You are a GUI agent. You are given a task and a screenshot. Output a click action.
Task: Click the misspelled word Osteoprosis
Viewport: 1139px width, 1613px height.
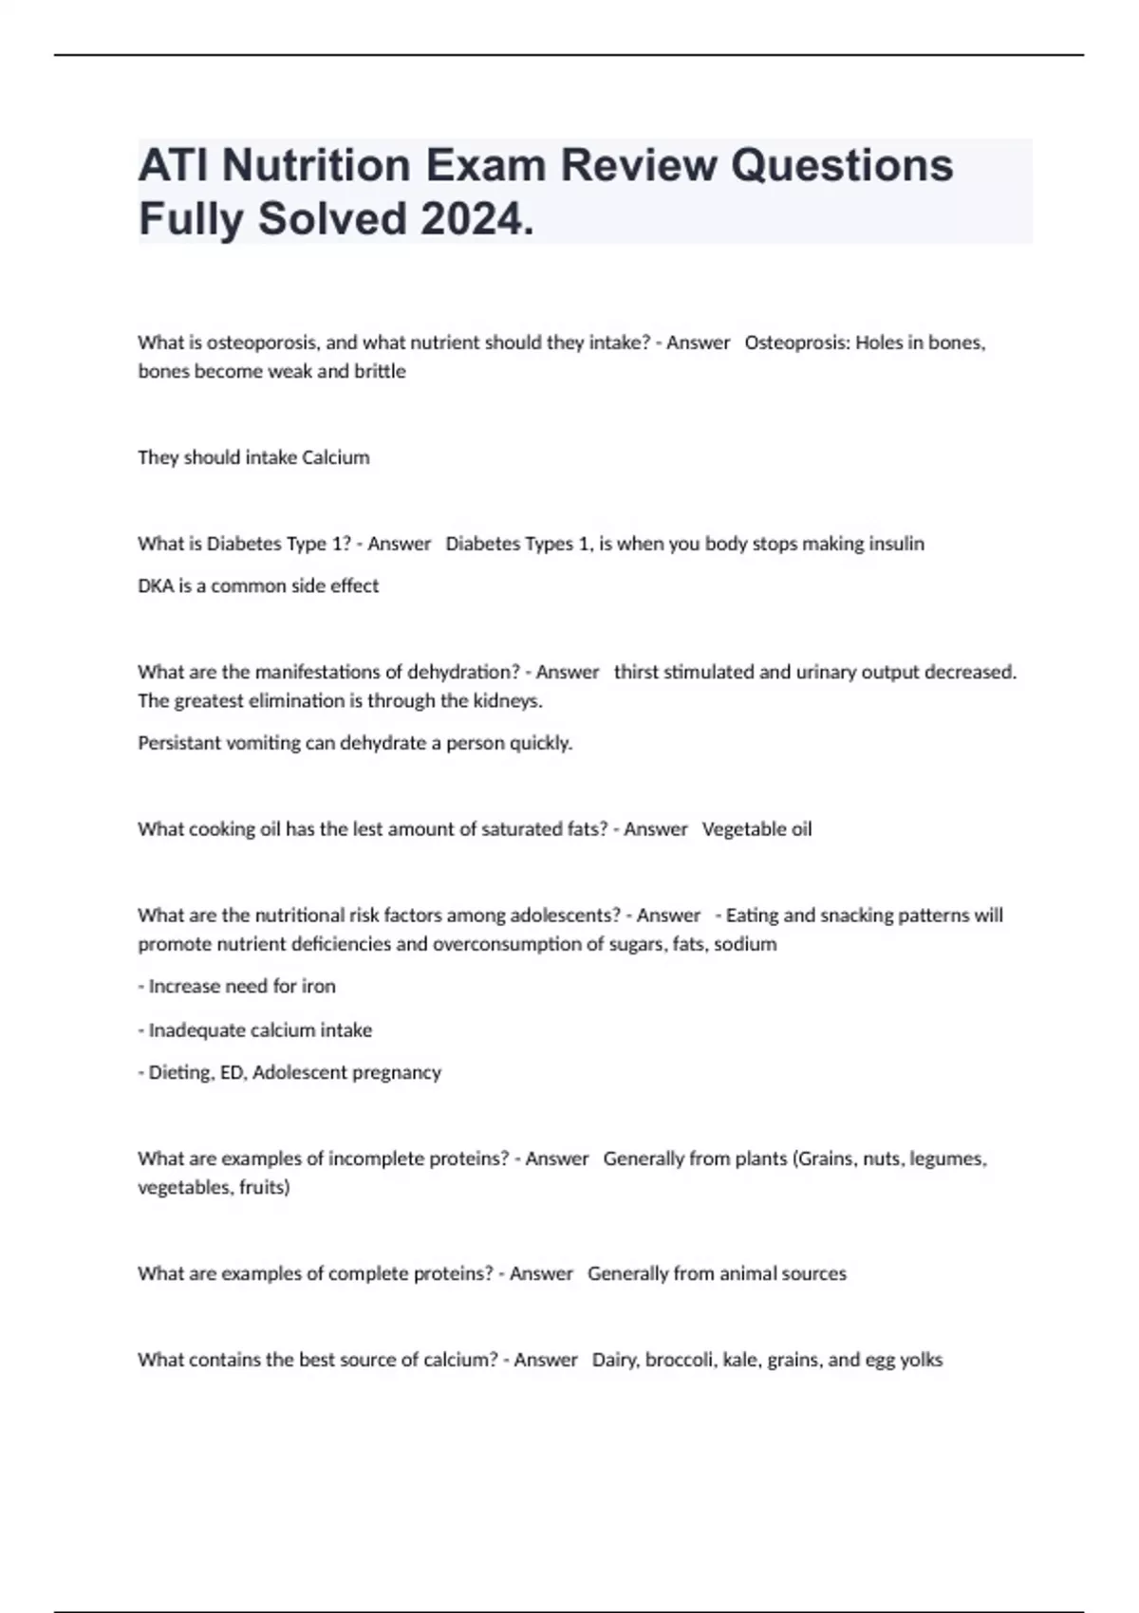click(796, 343)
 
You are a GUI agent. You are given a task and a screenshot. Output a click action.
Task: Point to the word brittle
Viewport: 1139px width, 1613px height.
click(380, 371)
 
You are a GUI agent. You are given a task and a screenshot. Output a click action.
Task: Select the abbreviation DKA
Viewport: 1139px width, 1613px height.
click(156, 585)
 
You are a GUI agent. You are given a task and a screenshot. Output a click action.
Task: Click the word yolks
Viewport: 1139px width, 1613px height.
click(921, 1360)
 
